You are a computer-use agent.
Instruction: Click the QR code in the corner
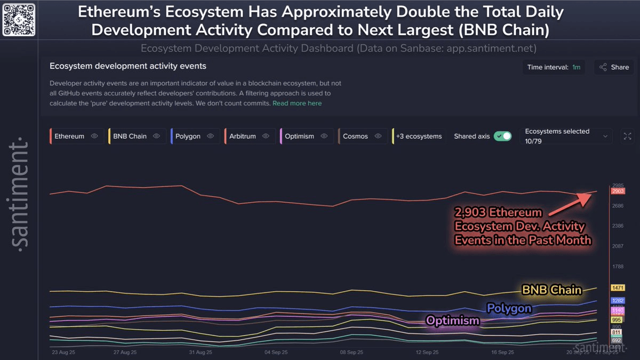pyautogui.click(x=19, y=19)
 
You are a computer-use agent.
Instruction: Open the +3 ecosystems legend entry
pyautogui.click(x=419, y=136)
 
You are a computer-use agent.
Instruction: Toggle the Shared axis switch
pyautogui.click(x=502, y=136)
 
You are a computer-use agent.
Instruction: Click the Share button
pyautogui.click(x=614, y=68)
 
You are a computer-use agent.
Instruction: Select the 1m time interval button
pyautogui.click(x=576, y=68)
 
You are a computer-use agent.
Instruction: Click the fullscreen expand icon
pyautogui.click(x=627, y=136)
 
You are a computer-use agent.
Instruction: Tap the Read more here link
pyautogui.click(x=297, y=103)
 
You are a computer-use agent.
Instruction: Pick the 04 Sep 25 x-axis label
pyautogui.click(x=276, y=353)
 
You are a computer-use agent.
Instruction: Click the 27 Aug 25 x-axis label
pyautogui.click(x=125, y=353)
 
